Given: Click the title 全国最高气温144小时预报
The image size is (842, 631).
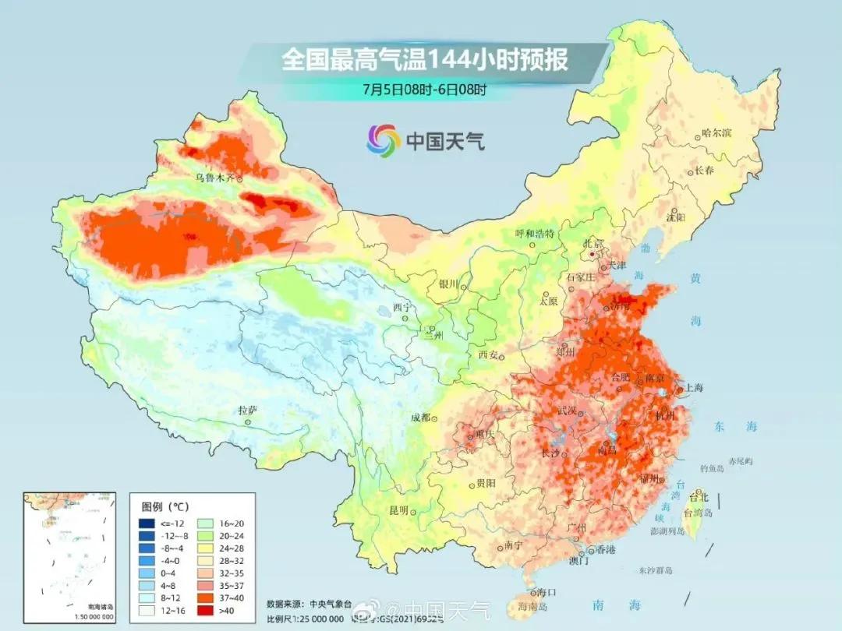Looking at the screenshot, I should click(425, 60).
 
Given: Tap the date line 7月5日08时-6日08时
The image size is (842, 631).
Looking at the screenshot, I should click(424, 89).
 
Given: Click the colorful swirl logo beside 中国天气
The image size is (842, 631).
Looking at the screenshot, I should click(383, 140).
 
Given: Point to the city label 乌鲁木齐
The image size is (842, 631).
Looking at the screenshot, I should click(214, 178).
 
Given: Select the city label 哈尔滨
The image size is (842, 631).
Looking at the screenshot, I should click(716, 133).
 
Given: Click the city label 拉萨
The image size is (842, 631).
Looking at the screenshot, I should click(248, 411).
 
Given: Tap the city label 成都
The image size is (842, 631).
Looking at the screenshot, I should click(421, 418).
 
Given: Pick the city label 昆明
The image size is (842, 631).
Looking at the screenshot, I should click(399, 510).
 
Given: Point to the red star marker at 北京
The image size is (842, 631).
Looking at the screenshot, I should click(594, 254).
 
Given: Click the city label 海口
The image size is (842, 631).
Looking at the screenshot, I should click(536, 592).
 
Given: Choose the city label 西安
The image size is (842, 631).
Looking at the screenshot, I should click(488, 355).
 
